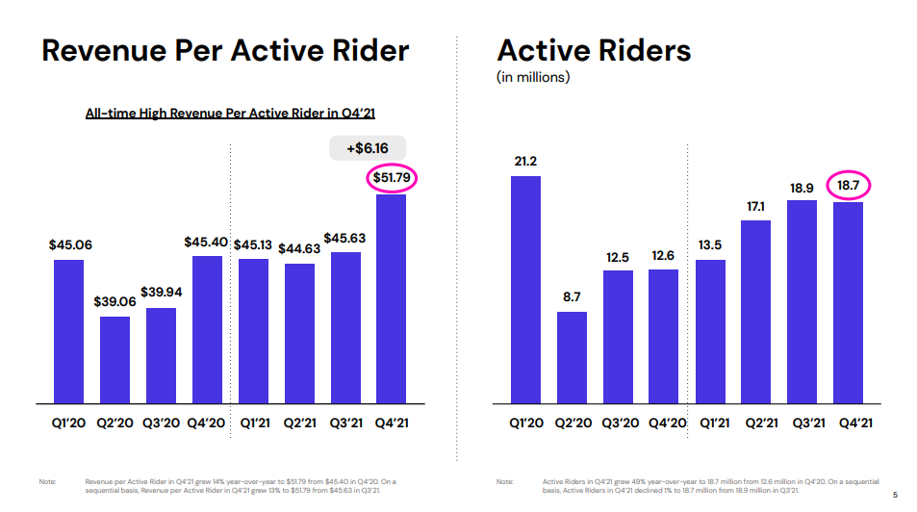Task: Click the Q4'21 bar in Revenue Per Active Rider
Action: click(x=390, y=298)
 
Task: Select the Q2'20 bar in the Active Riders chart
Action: click(x=572, y=356)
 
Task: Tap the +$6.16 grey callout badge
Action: click(x=367, y=148)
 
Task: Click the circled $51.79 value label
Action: click(x=391, y=178)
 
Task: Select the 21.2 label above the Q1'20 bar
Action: click(x=525, y=161)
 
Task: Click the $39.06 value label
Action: click(x=115, y=301)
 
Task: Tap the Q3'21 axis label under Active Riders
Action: click(x=802, y=423)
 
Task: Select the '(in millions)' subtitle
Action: click(x=533, y=77)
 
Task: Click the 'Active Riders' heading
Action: click(x=594, y=50)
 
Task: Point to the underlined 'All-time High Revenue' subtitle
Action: click(x=230, y=114)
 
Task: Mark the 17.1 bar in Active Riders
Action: click(x=756, y=311)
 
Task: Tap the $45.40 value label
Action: click(x=206, y=242)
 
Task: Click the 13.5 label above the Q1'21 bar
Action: click(x=710, y=244)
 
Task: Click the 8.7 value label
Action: click(x=572, y=296)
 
